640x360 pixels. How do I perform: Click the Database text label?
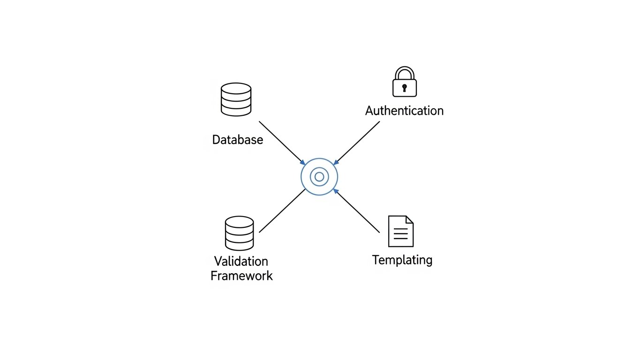[237, 140]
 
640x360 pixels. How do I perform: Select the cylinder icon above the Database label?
[236, 99]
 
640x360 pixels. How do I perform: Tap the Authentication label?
[404, 111]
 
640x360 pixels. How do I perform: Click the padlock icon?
[404, 82]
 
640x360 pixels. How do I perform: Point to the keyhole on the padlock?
[404, 88]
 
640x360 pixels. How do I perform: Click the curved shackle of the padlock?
[404, 71]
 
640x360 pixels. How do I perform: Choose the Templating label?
[402, 260]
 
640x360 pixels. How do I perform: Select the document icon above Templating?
[400, 231]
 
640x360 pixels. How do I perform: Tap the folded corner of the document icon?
[409, 219]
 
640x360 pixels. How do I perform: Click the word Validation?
[241, 261]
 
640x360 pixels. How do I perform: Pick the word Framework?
[241, 276]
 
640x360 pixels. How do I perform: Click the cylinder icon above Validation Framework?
[239, 233]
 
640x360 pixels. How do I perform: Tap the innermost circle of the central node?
[319, 177]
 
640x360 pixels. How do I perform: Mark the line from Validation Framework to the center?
[282, 211]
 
